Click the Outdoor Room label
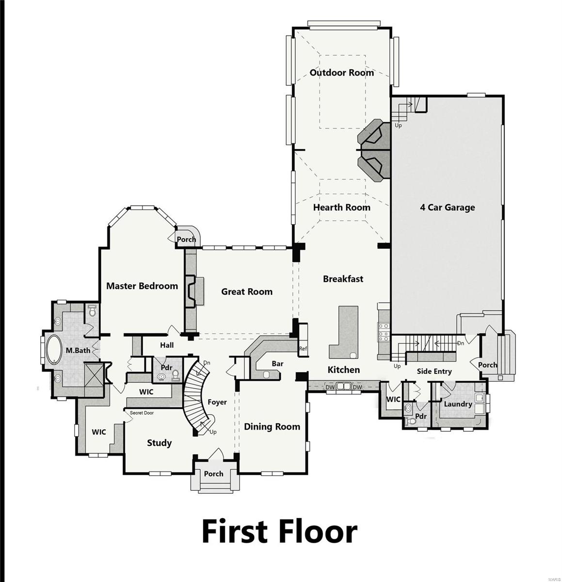point(342,73)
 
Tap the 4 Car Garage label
point(447,208)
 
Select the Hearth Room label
point(341,208)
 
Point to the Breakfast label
point(343,279)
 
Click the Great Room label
point(247,291)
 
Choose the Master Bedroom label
point(142,286)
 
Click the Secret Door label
point(142,413)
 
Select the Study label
point(159,443)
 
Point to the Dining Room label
point(272,427)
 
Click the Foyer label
point(217,402)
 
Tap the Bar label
point(277,364)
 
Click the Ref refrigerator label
point(303,349)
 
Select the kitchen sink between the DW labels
point(344,387)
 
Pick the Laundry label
point(458,404)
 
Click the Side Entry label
point(434,372)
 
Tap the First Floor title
point(279,531)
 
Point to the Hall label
point(167,345)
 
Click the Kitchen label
point(344,370)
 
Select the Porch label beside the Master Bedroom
point(186,240)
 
